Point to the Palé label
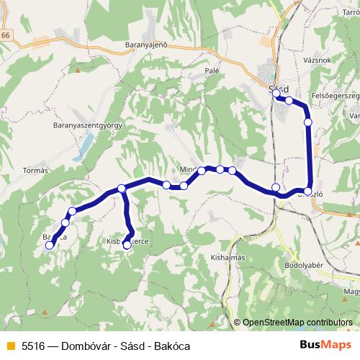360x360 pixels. (x=212, y=71)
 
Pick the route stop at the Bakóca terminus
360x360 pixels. (x=50, y=246)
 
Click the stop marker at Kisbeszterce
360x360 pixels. (x=127, y=246)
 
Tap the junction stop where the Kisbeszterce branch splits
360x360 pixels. (x=122, y=189)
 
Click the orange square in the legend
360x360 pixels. (x=10, y=346)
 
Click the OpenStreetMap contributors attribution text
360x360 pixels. (x=296, y=323)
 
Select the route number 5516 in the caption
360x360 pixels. (x=35, y=346)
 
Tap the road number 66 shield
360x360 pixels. (x=6, y=35)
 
